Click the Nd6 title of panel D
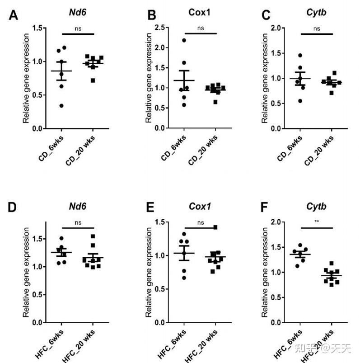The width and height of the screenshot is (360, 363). [79, 207]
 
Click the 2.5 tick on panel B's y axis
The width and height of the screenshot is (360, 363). [159, 28]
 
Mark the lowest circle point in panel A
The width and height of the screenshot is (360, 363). [61, 106]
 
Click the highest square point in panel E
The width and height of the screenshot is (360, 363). [215, 227]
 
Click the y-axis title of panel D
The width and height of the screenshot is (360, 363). [27, 272]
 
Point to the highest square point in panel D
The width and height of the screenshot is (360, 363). [93, 236]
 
